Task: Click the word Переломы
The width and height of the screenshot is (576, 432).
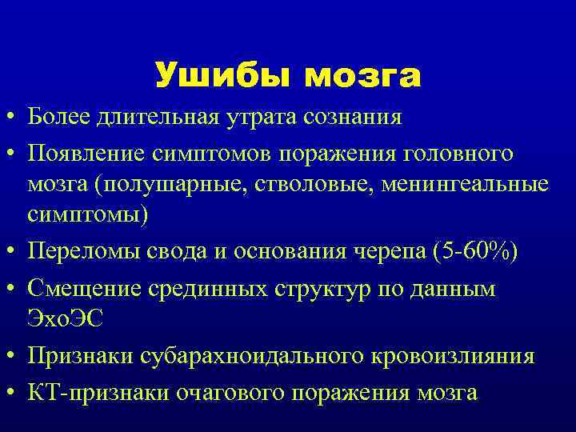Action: coord(75,253)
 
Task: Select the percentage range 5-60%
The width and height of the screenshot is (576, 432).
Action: coord(475,253)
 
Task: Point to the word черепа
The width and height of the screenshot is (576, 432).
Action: coord(389,253)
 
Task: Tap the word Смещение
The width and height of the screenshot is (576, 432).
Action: coord(76,288)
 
